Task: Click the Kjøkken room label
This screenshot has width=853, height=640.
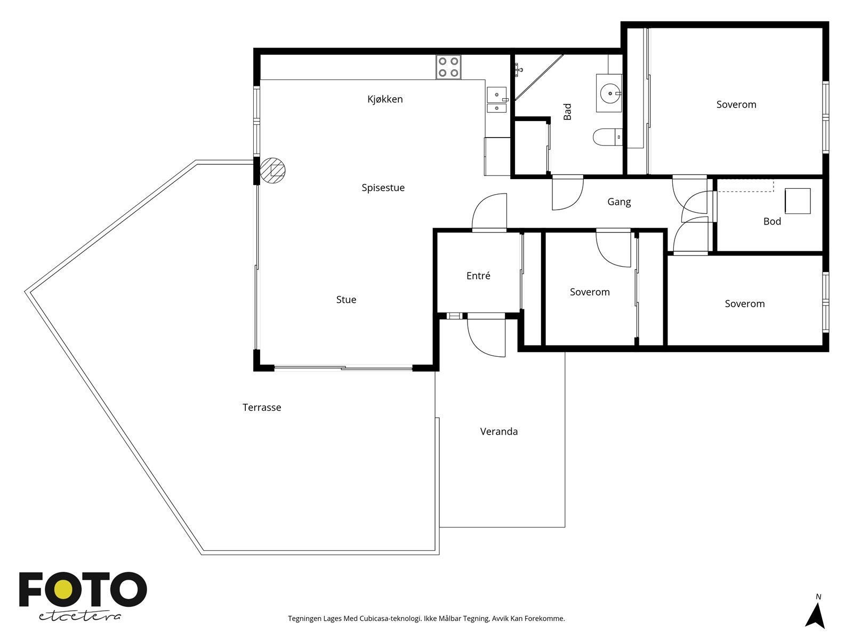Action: click(x=385, y=99)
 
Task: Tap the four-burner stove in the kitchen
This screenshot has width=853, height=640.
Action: click(x=448, y=67)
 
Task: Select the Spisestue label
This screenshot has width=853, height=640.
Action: click(x=383, y=188)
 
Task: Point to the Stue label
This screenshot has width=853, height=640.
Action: click(x=346, y=300)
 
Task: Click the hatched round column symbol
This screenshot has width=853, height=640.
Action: click(x=272, y=170)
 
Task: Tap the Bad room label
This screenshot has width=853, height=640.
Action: click(x=567, y=111)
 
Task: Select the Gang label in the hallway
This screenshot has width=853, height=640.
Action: click(x=619, y=202)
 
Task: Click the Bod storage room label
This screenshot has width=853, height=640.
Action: click(x=772, y=221)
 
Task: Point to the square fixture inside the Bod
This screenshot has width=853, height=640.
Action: click(x=798, y=201)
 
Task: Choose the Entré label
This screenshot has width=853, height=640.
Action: click(x=478, y=276)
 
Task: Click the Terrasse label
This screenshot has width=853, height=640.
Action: click(x=262, y=407)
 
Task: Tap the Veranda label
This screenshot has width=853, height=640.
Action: click(x=498, y=431)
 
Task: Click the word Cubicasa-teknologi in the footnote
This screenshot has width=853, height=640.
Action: click(x=390, y=618)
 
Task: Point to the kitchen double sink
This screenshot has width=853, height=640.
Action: click(x=497, y=100)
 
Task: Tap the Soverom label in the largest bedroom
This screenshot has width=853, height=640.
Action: click(x=736, y=105)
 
